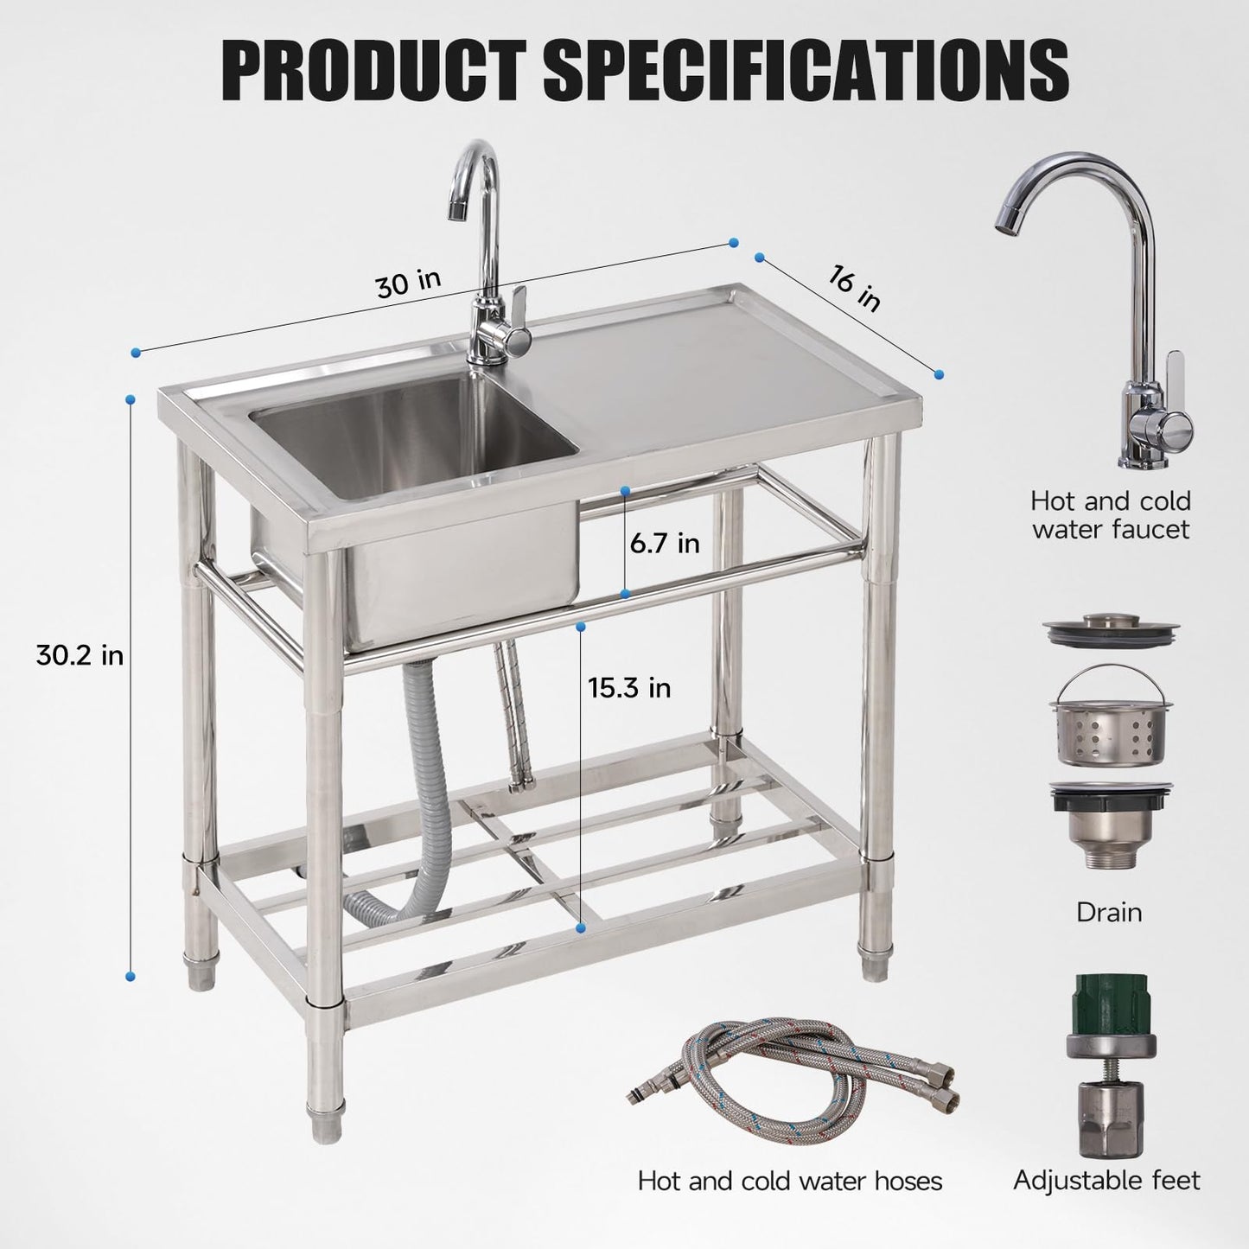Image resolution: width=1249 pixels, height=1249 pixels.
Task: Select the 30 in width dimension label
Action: [408, 282]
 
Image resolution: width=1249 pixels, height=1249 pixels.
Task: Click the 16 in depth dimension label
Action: [855, 290]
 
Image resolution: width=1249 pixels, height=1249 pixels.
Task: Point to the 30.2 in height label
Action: [80, 656]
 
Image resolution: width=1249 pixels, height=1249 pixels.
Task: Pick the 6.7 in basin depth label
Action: [665, 544]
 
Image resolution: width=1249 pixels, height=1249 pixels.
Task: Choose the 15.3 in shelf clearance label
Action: [629, 688]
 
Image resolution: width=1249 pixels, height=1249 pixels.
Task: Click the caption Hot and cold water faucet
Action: [1110, 514]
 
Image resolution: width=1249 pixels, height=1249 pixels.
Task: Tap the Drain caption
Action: [1109, 912]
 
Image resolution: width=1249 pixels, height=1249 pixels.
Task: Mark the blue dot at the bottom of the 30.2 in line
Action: [130, 976]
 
